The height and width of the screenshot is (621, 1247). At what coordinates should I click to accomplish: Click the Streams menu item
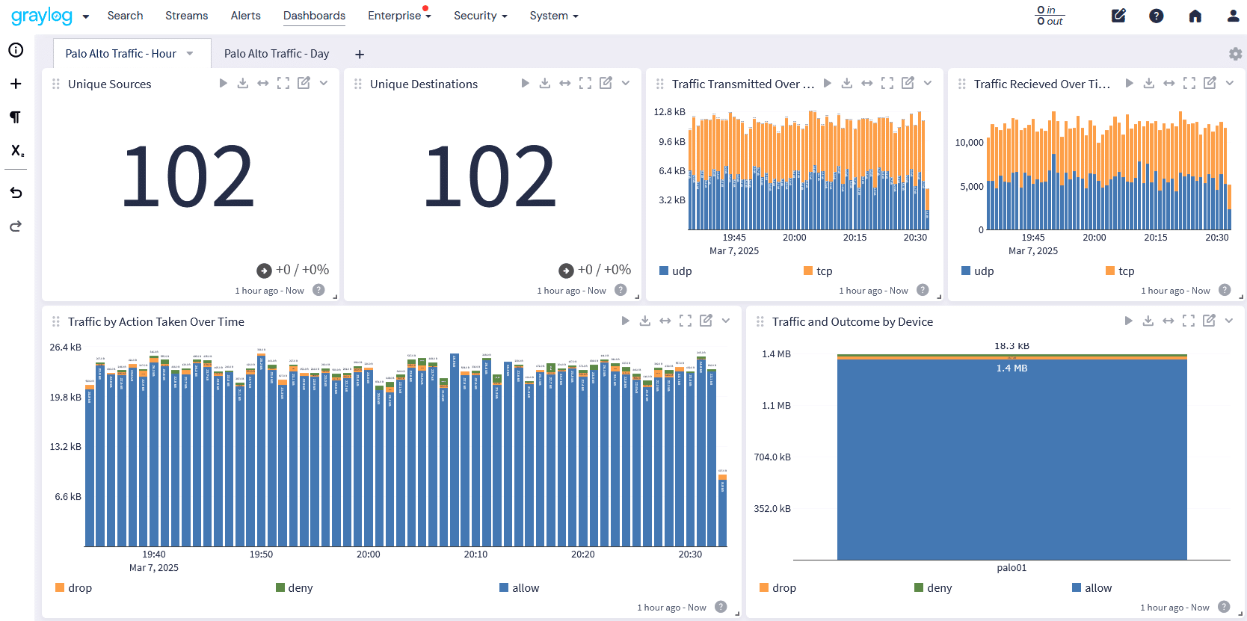click(186, 16)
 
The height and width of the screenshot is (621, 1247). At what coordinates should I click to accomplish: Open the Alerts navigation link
click(245, 16)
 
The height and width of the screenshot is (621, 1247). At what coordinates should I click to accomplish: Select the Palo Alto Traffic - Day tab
click(277, 54)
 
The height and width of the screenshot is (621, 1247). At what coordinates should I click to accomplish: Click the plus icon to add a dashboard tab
click(360, 55)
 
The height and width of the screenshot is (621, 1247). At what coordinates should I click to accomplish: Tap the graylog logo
click(42, 16)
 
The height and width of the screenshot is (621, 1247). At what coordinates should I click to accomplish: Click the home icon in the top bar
click(1195, 16)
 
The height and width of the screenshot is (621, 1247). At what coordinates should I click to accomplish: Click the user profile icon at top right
click(1233, 16)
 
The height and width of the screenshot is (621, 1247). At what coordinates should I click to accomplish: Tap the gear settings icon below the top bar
click(1235, 54)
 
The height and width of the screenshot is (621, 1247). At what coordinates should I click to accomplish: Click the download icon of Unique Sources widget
click(243, 83)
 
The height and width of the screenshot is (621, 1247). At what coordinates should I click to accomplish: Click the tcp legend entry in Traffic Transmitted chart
click(823, 271)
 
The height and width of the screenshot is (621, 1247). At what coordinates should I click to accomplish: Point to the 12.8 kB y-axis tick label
click(669, 112)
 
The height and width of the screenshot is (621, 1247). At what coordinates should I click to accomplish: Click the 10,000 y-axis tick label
click(969, 143)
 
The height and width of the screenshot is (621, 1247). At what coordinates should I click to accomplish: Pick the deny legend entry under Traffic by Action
click(299, 588)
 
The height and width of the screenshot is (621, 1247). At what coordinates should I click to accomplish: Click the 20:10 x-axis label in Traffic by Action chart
click(475, 554)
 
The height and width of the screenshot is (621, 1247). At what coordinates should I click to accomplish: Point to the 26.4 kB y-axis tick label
click(66, 347)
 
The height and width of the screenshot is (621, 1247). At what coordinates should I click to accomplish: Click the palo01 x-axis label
click(1012, 568)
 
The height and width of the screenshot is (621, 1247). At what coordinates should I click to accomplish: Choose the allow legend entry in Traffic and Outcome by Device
click(1097, 588)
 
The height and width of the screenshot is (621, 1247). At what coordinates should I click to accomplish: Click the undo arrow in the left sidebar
click(16, 193)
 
